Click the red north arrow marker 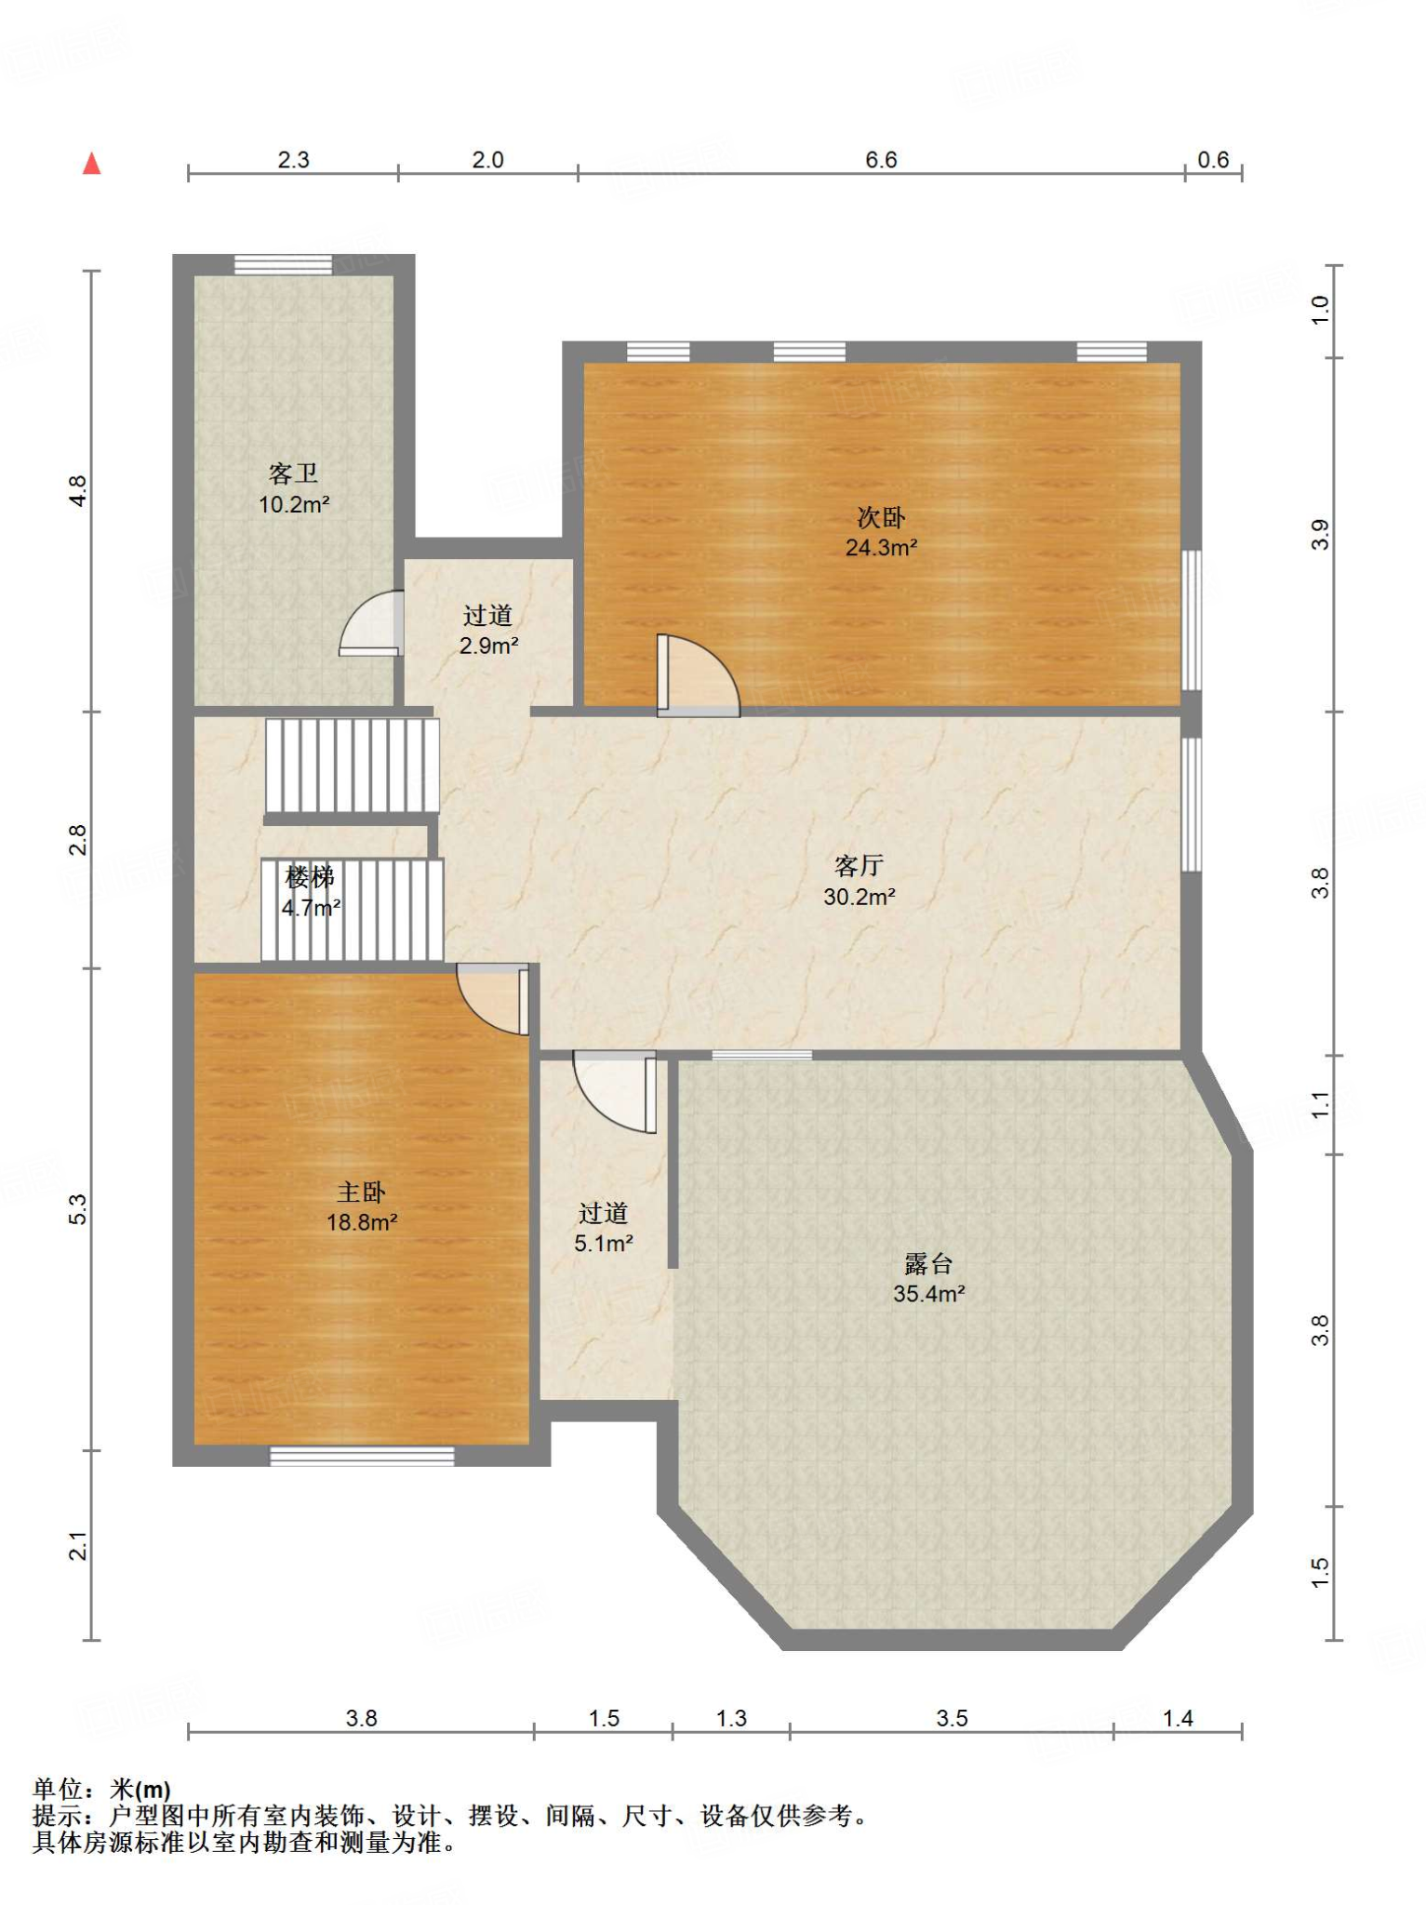pos(91,164)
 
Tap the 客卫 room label pos(294,474)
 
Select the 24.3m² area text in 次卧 pos(881,547)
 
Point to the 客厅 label pos(859,866)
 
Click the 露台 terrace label pos(928,1263)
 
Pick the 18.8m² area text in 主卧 pos(362,1222)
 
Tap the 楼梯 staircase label pos(310,877)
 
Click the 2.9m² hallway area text pos(488,646)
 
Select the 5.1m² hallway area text pos(604,1244)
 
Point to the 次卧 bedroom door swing pos(698,675)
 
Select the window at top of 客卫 pos(283,264)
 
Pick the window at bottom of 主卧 pos(362,1456)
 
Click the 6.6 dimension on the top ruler pos(881,160)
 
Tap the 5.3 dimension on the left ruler pos(78,1209)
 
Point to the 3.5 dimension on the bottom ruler pos(952,1718)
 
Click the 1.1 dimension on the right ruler pos(1321,1105)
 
